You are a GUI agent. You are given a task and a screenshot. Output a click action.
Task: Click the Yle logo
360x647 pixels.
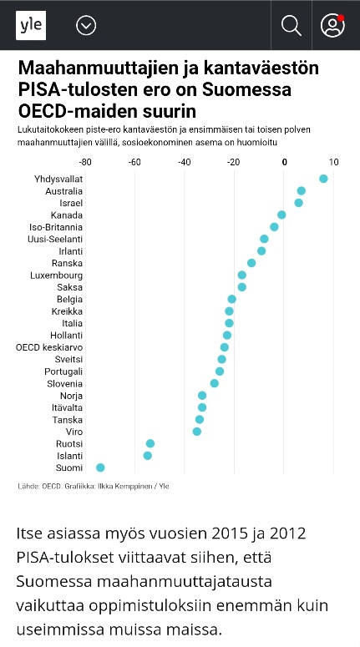tap(31, 26)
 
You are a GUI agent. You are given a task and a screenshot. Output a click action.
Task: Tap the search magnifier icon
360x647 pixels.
tap(291, 26)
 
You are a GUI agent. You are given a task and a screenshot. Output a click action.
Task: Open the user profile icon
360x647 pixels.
tap(332, 26)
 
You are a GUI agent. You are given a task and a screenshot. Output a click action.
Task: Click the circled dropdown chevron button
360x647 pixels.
tap(86, 26)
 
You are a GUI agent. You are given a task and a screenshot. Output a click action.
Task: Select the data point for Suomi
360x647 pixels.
tap(100, 468)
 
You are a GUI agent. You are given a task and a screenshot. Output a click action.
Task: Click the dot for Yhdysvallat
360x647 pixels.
tap(323, 179)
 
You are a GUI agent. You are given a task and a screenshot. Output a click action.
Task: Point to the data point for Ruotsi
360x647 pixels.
tap(150, 443)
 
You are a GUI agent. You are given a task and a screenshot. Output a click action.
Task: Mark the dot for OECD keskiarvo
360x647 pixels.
tap(224, 347)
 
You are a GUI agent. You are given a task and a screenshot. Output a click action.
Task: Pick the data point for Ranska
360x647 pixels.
tap(251, 263)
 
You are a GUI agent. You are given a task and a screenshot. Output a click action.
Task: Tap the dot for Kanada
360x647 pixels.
tap(281, 215)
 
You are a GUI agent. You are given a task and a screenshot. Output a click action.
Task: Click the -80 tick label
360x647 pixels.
tap(85, 162)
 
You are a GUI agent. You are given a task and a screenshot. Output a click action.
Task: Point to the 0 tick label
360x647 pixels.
tap(285, 162)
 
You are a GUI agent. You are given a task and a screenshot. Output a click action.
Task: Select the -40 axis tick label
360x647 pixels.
tap(184, 162)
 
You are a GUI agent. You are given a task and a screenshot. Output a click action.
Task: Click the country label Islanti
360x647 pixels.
tap(70, 456)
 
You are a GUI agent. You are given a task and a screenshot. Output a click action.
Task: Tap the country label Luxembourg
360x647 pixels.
tap(56, 275)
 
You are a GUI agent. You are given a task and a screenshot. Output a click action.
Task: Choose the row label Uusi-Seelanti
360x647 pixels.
tap(55, 239)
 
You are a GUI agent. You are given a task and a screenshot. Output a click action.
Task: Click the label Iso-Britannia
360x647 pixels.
tap(56, 227)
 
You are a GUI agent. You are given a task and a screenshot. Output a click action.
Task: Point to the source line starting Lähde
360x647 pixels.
tap(94, 486)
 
